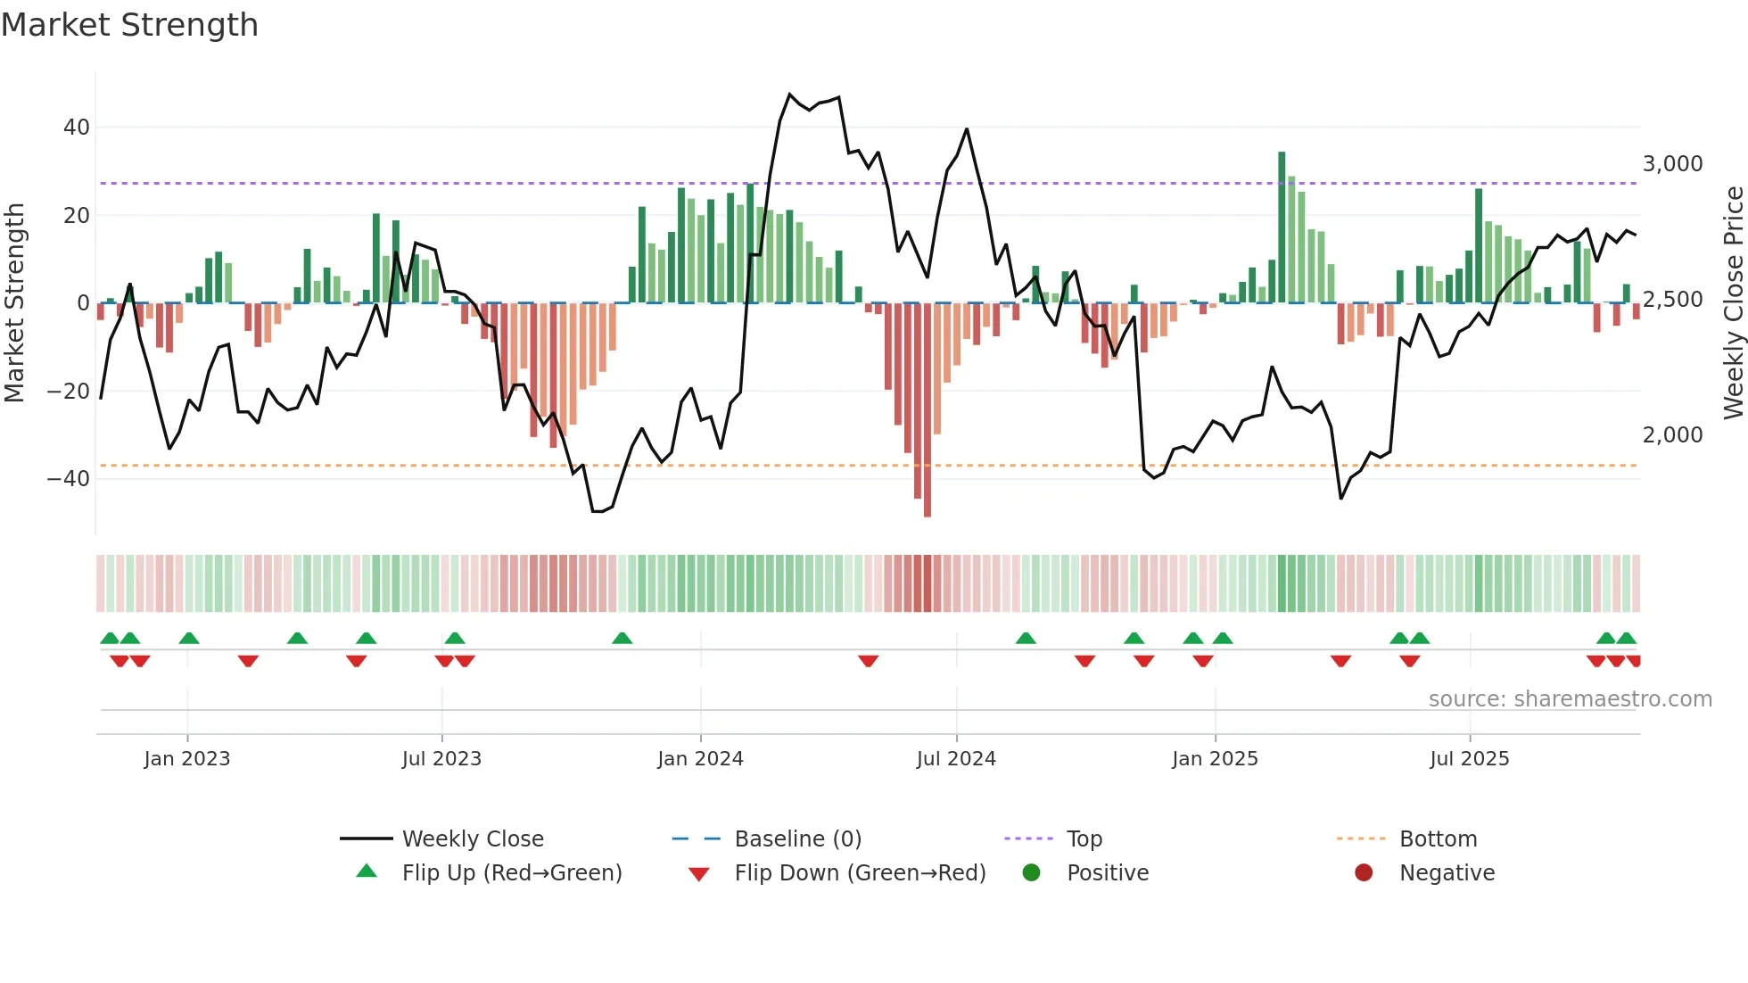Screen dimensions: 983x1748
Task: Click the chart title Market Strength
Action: [x=129, y=25]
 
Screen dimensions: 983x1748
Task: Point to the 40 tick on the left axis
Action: [x=77, y=128]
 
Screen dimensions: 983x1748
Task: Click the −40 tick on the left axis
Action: [x=70, y=479]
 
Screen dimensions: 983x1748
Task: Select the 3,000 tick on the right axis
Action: [x=1672, y=164]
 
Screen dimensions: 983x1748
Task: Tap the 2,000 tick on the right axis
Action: [x=1672, y=435]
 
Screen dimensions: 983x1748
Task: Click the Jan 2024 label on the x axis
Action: [x=700, y=759]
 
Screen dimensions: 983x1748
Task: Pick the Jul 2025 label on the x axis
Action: [x=1469, y=759]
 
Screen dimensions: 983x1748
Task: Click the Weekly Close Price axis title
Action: [x=1733, y=303]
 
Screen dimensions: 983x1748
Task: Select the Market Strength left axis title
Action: [x=15, y=303]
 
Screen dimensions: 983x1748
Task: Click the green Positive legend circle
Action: [x=1031, y=873]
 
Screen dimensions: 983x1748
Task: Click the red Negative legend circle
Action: [x=1364, y=873]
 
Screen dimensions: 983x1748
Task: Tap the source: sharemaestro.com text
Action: [x=1570, y=699]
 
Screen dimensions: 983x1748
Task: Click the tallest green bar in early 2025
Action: [x=1282, y=227]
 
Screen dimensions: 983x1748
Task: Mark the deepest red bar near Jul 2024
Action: [x=928, y=410]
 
